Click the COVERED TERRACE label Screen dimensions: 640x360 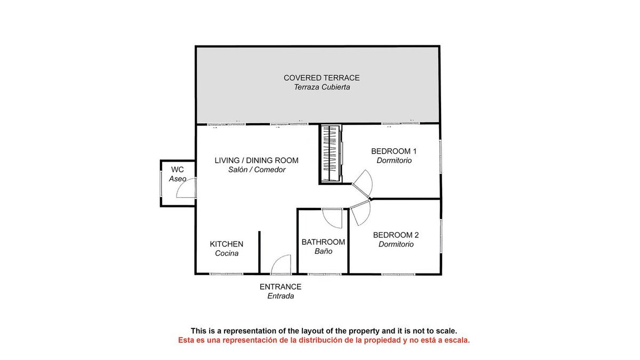[322, 78]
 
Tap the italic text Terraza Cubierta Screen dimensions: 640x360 [322, 87]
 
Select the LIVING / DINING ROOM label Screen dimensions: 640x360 [257, 161]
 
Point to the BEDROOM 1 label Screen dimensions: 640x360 [394, 151]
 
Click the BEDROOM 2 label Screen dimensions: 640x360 [396, 235]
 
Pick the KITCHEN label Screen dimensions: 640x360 [227, 244]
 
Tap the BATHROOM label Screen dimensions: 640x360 [323, 242]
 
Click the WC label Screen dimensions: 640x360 [178, 170]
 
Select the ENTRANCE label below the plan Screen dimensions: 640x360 [281, 286]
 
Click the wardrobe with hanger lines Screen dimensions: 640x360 [330, 154]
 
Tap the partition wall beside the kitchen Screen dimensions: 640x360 [259, 252]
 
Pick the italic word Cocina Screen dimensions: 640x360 [227, 253]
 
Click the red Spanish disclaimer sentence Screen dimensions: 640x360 [324, 340]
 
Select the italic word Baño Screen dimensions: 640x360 [323, 251]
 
